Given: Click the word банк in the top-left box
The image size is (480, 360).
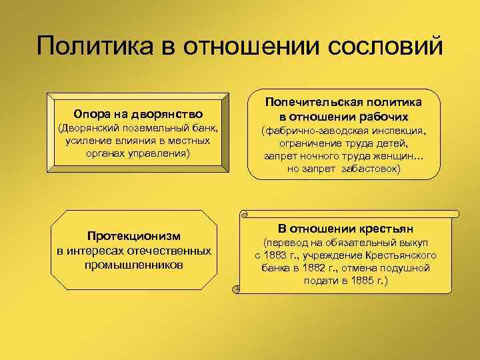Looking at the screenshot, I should coord(203,128).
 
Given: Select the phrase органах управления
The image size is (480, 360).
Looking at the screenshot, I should coord(138,153).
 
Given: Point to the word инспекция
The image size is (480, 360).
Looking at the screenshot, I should coord(397,131).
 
